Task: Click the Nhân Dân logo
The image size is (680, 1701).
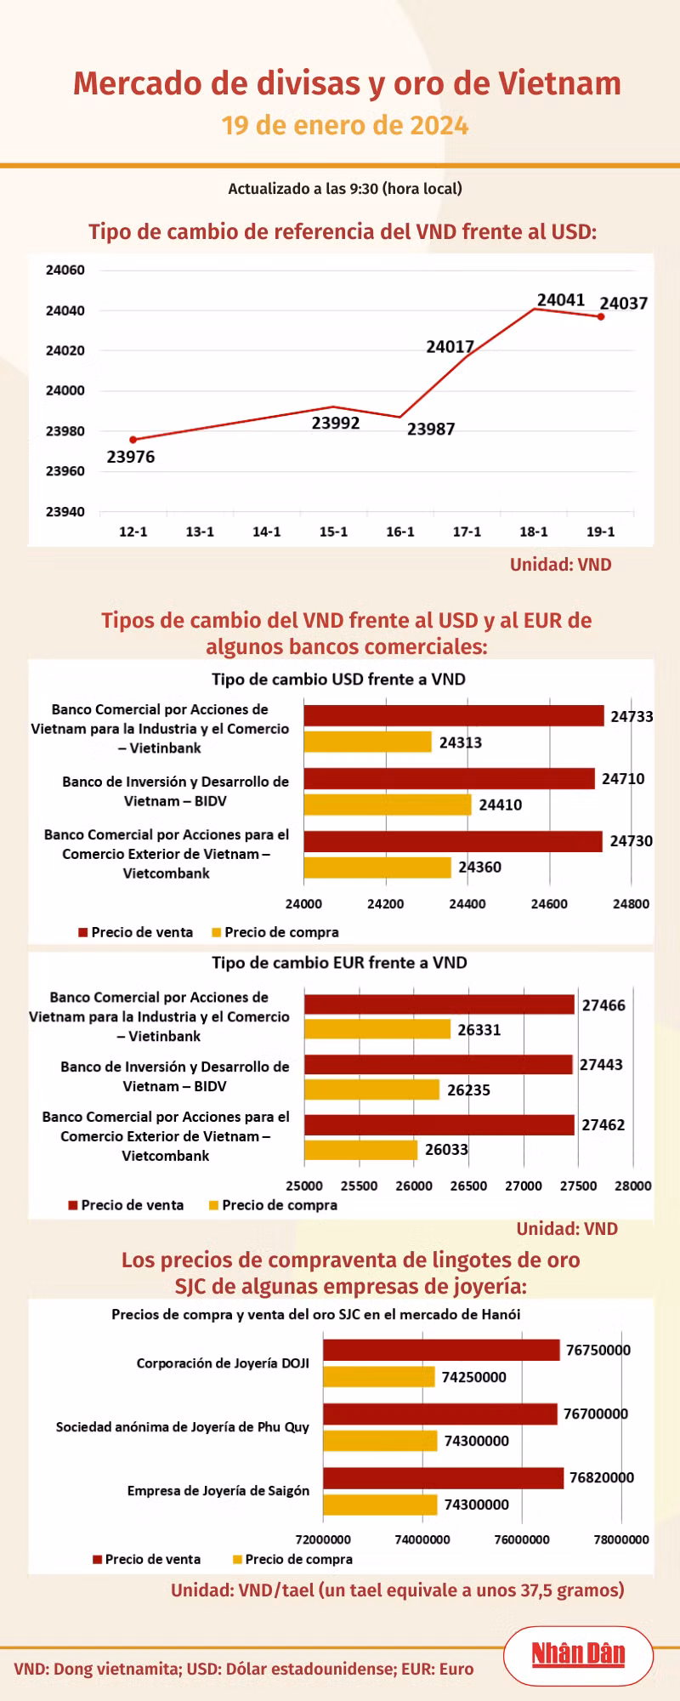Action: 578,1654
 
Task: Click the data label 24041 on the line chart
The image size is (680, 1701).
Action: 561,300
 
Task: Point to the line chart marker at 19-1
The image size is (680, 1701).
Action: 601,317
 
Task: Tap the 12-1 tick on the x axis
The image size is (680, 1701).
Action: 133,532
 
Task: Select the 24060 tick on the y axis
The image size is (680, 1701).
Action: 65,270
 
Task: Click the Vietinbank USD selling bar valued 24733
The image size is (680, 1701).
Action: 454,715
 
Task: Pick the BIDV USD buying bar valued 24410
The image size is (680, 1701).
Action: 388,805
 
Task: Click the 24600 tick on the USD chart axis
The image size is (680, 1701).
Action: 549,904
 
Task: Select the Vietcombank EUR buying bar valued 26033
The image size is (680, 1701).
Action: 361,1150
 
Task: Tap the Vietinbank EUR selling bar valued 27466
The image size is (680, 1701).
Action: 439,1004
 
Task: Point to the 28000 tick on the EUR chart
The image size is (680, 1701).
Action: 633,1186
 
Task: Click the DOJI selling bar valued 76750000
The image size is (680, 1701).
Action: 441,1350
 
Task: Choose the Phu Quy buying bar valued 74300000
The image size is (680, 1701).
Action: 380,1441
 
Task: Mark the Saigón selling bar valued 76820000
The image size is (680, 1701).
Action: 444,1477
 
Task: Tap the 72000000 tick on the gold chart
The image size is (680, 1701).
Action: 323,1539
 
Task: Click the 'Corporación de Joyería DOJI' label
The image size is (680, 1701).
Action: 223,1363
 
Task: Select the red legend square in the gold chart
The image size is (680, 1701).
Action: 98,1559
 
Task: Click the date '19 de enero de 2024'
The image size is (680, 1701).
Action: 345,126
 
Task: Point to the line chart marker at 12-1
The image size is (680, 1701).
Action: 133,440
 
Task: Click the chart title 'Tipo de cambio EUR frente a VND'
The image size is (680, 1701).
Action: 340,963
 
